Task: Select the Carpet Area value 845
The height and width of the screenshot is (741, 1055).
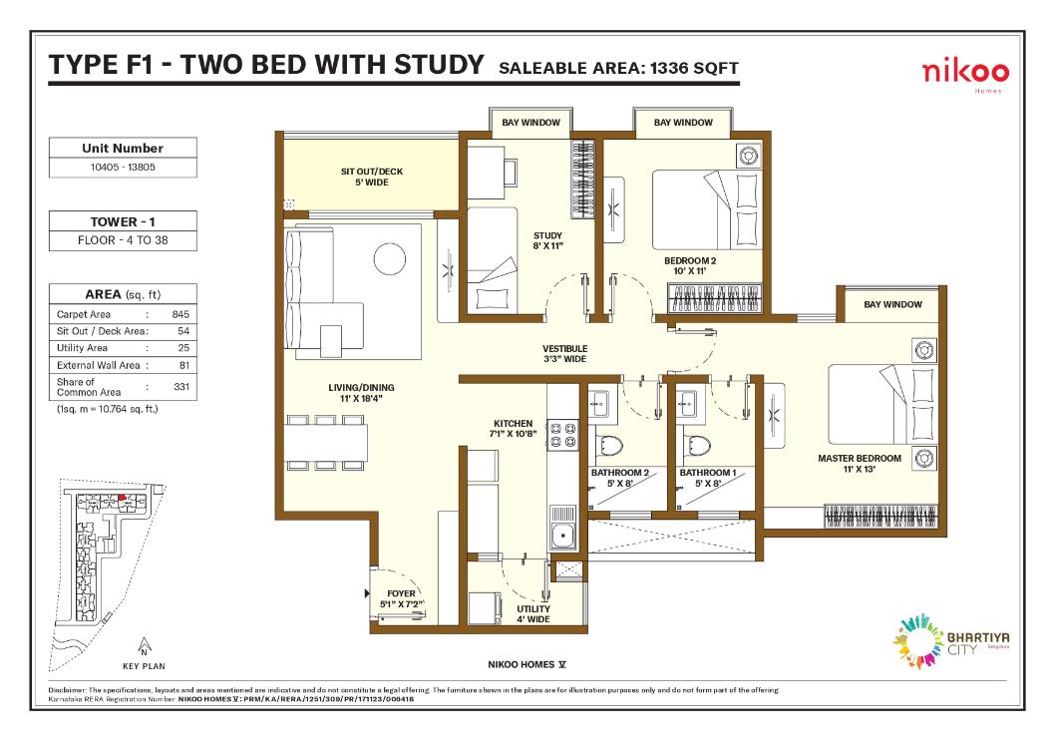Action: [x=180, y=314]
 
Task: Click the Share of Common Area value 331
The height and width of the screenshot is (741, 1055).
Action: [x=180, y=386]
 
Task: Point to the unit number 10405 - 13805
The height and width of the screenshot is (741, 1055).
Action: [x=123, y=168]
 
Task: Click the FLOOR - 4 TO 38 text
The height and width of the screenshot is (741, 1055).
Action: [x=123, y=239]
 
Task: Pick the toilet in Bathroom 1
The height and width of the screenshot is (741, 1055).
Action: [x=695, y=446]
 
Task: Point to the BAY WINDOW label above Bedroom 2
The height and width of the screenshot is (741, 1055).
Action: [x=683, y=123]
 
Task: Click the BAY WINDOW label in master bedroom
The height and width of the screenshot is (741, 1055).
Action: [x=892, y=304]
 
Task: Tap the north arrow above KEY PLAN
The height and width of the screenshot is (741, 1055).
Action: [x=145, y=645]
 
